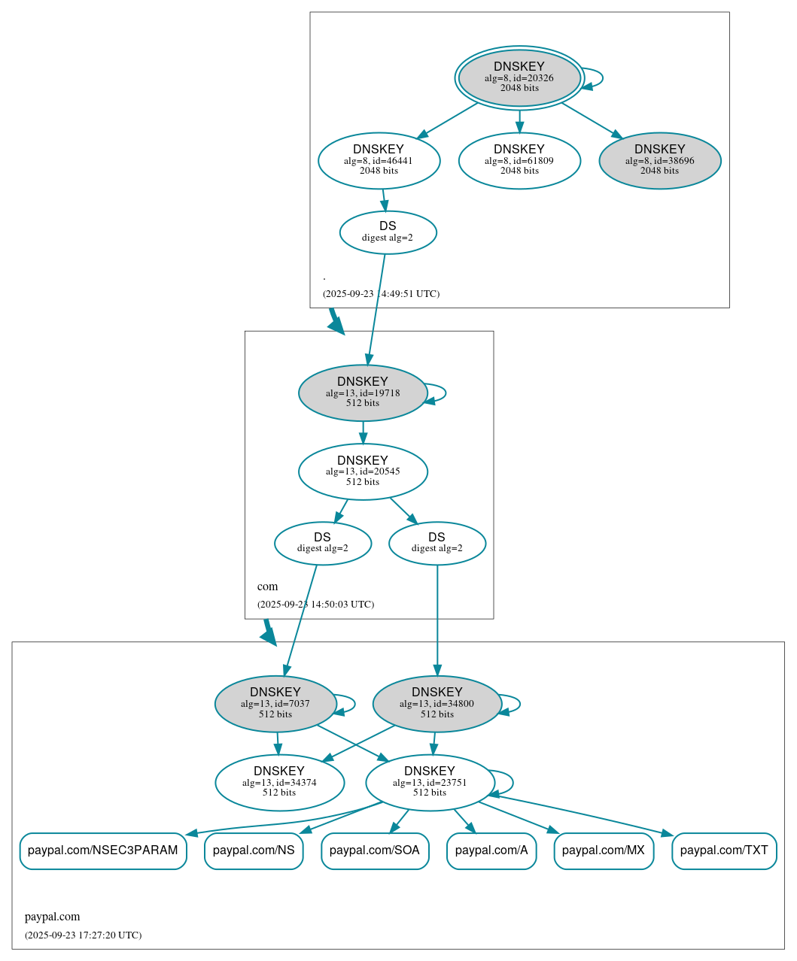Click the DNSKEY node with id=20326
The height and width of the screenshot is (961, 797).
pos(519,77)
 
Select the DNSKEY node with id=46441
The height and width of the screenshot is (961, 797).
pos(379,160)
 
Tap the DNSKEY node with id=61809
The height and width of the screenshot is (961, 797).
pos(519,160)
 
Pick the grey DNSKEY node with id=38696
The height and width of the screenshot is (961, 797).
pos(659,160)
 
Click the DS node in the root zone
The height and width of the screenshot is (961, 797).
pos(388,232)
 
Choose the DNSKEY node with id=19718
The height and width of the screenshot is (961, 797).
pos(363,393)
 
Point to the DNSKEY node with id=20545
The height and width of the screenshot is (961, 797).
pos(363,471)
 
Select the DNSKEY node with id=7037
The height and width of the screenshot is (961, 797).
pos(275,704)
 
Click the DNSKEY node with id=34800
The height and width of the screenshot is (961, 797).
pos(437,704)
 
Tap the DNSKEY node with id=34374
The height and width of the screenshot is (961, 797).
pos(279,783)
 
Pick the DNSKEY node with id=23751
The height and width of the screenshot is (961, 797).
pos(430,783)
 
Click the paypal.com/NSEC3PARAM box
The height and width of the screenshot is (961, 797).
pos(103,850)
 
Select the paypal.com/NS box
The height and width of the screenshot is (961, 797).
pos(254,850)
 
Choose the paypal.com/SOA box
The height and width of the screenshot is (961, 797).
pos(375,850)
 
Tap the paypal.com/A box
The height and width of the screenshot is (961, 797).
pos(491,850)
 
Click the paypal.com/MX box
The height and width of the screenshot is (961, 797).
pos(604,850)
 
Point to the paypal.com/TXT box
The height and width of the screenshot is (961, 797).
pos(724,850)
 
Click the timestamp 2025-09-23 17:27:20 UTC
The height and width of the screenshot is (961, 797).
pos(83,935)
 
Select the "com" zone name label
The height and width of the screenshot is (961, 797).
pos(267,587)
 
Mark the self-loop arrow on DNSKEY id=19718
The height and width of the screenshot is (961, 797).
pos(444,393)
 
